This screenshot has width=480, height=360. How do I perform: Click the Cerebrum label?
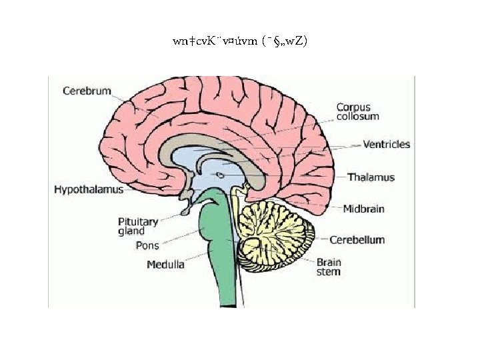pos(87,91)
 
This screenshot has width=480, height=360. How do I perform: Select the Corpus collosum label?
pos(357,111)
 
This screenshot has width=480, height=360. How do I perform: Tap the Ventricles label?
pos(386,144)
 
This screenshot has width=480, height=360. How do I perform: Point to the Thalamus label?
pos(371,177)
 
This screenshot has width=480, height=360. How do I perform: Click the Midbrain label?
pos(363,209)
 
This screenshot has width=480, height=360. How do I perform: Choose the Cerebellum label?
pos(357,239)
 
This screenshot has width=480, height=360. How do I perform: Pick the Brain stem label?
pos(328,267)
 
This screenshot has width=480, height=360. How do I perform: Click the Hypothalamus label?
pos(89,190)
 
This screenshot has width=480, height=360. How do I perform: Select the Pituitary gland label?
pos(138,226)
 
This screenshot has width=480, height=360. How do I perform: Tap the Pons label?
pos(147,245)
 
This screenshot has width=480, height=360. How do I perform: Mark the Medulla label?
pos(165,265)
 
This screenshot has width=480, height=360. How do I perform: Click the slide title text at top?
pos(239,41)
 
